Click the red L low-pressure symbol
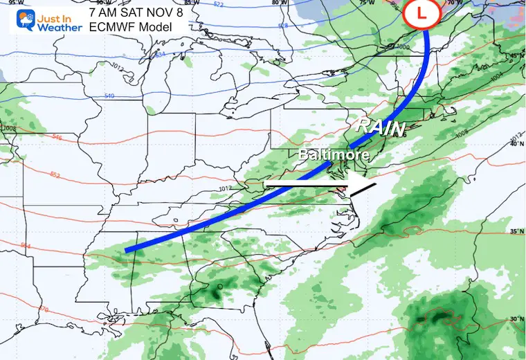click(426, 12)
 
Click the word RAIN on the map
click(379, 126)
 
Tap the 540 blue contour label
click(109, 96)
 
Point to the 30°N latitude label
click(513, 318)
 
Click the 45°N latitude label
click(513, 55)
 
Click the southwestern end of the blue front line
click(127, 249)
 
